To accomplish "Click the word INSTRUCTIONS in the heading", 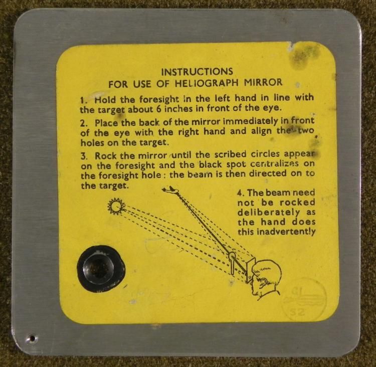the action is (x=197, y=72).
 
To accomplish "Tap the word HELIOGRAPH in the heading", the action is (x=207, y=83).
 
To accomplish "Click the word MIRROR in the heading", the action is (x=263, y=82).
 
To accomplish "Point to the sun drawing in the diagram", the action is (x=116, y=206).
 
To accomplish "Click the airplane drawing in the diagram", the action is (x=171, y=190).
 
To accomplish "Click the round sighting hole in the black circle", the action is (x=98, y=268).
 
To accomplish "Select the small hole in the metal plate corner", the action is (x=32, y=338).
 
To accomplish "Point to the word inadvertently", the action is (x=286, y=232).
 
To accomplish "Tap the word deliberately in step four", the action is (x=269, y=213).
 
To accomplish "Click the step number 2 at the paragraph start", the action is (x=83, y=123).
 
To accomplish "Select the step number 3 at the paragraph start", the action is (x=83, y=156).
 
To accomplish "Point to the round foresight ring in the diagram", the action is (x=232, y=256).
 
